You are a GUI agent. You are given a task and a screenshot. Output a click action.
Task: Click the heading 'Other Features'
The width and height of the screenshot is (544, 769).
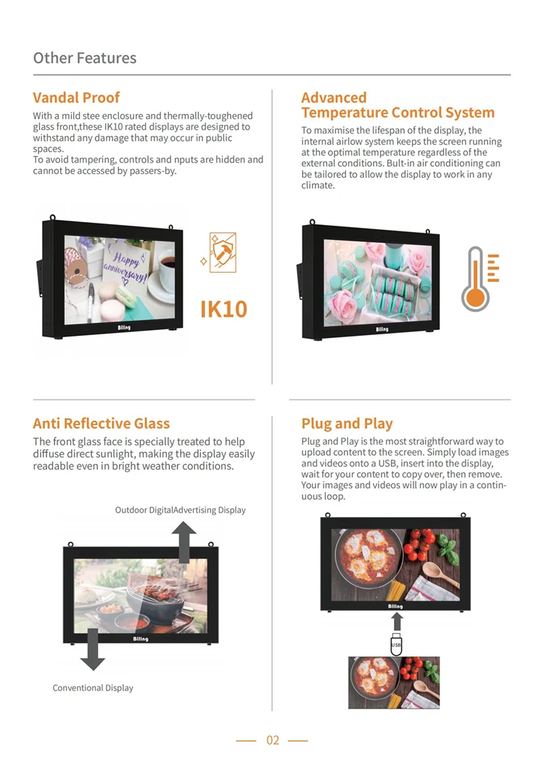pos(85,58)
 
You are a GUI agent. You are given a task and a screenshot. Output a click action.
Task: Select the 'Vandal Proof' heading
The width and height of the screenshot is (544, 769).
pos(76,97)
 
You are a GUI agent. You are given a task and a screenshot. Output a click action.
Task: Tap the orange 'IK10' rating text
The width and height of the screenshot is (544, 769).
pos(223,309)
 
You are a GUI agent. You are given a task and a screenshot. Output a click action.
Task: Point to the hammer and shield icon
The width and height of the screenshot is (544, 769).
pos(222,252)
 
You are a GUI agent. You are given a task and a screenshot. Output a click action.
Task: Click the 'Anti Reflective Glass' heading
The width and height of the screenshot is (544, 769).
pos(101,423)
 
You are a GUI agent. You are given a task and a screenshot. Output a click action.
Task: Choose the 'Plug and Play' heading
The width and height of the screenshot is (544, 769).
pos(347,423)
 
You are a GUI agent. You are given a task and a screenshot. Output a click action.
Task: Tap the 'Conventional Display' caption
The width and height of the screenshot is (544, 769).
pos(93,688)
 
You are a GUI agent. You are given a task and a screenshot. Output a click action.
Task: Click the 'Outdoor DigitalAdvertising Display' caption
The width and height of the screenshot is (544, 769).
pos(180,510)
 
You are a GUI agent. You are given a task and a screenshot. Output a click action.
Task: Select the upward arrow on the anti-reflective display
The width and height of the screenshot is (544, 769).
pos(184,542)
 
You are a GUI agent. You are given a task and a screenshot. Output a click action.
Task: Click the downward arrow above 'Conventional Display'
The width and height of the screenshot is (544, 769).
pos(92,649)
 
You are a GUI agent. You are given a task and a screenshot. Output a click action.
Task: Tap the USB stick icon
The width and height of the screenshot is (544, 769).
pos(396,644)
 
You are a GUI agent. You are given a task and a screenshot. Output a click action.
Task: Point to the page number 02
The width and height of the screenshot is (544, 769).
pos(273,740)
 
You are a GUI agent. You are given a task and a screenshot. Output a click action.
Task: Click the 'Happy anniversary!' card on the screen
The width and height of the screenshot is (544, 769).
pos(126,267)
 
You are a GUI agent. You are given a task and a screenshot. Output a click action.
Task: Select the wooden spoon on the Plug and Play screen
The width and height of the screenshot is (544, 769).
pos(440,575)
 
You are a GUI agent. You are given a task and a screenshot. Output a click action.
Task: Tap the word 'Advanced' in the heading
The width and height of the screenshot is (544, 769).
pos(334,98)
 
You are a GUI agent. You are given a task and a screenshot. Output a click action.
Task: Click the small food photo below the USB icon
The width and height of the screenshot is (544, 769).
pos(394,683)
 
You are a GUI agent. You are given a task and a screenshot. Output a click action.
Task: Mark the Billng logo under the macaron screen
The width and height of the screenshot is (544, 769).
pos(382,329)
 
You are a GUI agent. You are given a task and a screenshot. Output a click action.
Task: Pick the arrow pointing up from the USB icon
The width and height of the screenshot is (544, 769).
pos(397,622)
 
